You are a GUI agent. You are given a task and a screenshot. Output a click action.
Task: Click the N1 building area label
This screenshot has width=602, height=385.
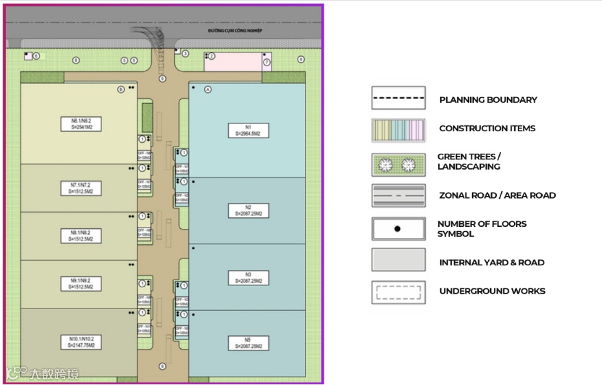click(248, 130)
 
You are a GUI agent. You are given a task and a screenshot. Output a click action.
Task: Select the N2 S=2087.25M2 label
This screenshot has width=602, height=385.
click(248, 210)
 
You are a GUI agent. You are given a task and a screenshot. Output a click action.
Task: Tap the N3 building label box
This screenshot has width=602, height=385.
click(248, 278)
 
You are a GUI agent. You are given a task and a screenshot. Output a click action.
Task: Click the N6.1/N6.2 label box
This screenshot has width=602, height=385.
click(81, 123)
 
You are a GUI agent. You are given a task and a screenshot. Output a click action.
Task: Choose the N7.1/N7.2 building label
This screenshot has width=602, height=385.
click(81, 188)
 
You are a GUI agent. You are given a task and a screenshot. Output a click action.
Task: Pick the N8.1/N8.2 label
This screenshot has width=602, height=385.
click(81, 236)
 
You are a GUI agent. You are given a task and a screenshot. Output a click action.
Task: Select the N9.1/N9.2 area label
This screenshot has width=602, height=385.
click(81, 283)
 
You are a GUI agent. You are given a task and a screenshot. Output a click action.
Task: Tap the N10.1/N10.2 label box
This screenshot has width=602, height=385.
click(81, 341)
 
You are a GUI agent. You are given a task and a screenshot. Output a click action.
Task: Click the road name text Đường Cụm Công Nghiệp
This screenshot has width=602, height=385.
click(236, 31)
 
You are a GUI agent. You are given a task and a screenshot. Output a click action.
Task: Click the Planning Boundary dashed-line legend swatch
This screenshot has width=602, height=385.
click(398, 98)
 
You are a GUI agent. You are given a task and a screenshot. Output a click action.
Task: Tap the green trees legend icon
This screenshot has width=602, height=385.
click(398, 165)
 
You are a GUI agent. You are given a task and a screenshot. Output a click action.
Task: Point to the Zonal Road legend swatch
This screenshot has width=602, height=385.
click(398, 195)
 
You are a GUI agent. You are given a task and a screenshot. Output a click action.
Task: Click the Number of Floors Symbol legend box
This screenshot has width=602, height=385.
click(398, 229)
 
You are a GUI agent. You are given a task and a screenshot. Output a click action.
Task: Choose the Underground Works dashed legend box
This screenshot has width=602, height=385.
click(398, 292)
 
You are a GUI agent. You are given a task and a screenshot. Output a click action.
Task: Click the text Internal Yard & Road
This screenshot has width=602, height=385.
click(491, 262)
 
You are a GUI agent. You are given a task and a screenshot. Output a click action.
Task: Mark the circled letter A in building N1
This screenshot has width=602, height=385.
click(208, 89)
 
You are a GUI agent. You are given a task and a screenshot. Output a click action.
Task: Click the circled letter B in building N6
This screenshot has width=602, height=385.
click(120, 89)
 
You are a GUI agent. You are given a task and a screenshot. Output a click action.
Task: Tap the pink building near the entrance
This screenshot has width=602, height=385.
click(232, 62)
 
